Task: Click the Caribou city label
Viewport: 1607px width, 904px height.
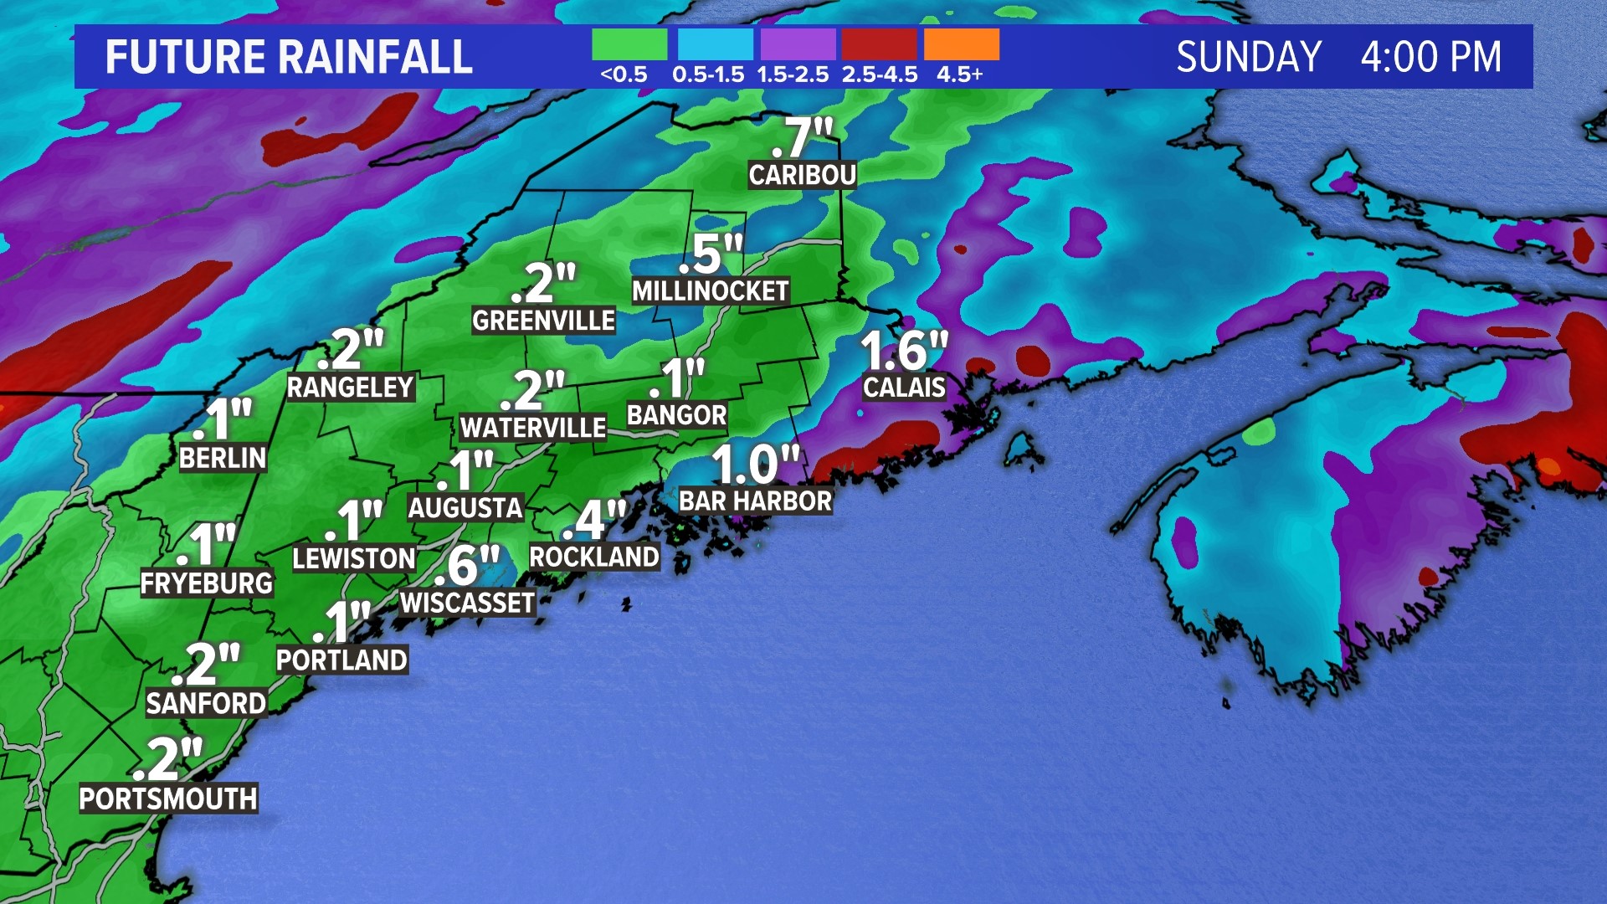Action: coord(802,175)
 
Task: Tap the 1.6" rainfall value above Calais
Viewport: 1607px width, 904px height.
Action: coord(904,350)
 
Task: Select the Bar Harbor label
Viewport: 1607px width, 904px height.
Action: coord(755,501)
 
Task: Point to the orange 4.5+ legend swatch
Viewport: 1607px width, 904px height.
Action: coord(962,44)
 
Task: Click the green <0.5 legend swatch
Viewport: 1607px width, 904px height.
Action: coord(629,44)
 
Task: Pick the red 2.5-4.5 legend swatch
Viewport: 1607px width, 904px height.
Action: coord(879,44)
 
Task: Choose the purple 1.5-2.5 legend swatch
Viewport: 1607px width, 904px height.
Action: coord(798,44)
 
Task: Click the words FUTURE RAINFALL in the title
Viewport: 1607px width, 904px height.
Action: coord(289,57)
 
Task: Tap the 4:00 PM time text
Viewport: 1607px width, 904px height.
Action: coord(1430,57)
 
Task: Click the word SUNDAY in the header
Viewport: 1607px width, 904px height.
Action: coord(1249,57)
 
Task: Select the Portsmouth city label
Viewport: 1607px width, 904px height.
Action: coord(167,799)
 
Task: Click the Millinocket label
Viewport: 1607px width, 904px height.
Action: coord(710,290)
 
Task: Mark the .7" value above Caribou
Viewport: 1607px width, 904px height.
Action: coord(802,137)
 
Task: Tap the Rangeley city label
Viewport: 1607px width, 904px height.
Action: coord(350,387)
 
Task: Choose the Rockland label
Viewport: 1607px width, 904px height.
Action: coord(594,557)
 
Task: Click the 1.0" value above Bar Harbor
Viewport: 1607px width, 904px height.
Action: coord(755,465)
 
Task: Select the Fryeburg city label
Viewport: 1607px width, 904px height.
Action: coord(206,583)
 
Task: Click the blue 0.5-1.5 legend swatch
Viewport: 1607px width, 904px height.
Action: coord(715,44)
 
